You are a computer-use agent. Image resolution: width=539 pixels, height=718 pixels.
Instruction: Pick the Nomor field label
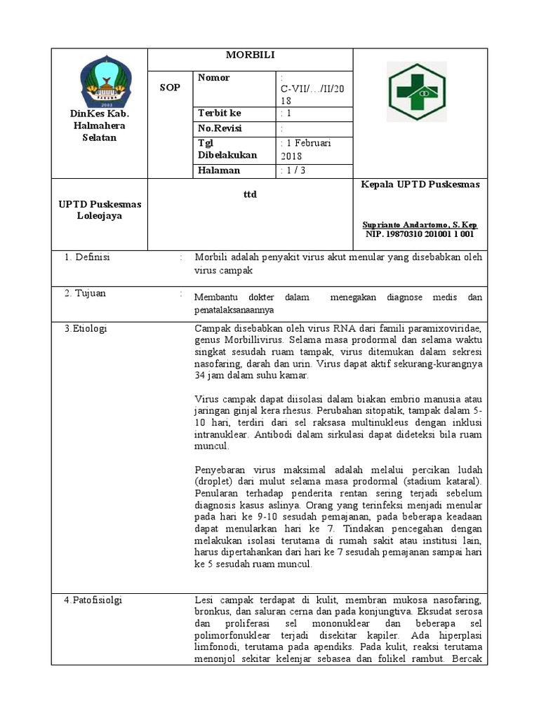214,77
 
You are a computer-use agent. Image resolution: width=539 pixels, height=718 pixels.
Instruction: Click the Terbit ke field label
220,113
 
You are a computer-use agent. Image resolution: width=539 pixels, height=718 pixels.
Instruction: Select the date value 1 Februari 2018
307,149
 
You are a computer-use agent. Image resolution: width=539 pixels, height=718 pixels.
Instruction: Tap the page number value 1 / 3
293,170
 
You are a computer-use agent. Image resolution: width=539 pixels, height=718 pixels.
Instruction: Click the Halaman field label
219,170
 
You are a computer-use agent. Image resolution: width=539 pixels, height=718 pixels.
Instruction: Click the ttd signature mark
249,194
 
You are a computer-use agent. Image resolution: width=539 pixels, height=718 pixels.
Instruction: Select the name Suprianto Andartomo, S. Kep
420,225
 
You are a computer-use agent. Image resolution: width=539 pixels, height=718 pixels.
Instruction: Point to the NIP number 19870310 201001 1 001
420,235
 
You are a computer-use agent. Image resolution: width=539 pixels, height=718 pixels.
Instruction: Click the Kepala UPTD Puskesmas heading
420,184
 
